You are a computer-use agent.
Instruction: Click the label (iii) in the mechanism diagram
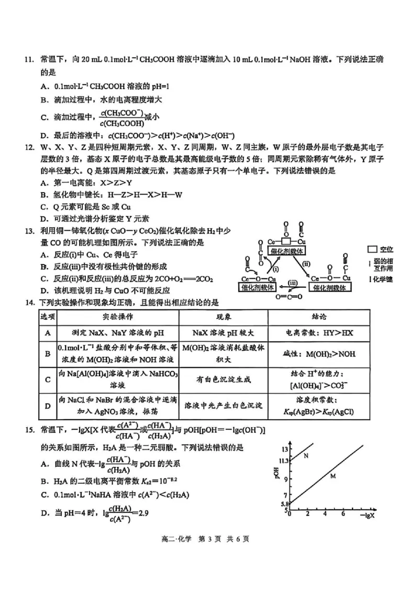(x=293, y=283)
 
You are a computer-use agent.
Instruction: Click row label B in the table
(x=48, y=354)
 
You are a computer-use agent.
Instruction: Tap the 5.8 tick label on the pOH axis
(x=283, y=504)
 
